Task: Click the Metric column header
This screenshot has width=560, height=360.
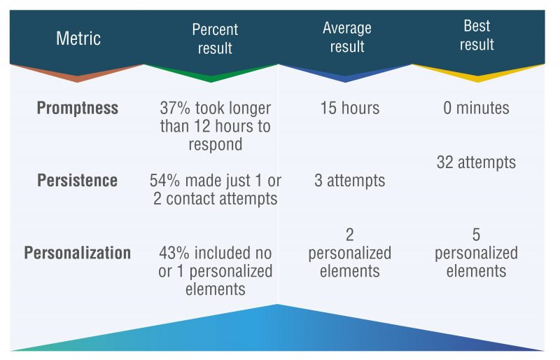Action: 78,39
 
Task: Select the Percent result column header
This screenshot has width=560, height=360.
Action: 215,39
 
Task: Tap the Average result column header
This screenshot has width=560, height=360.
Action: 346,37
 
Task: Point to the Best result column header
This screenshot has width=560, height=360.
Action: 477,35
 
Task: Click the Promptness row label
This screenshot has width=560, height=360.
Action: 78,108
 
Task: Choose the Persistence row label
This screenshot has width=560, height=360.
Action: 78,180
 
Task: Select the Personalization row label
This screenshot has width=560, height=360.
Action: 78,253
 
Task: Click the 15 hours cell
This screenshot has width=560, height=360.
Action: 349,108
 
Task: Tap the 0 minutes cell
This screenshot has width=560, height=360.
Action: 476,108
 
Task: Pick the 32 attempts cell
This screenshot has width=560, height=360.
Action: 476,162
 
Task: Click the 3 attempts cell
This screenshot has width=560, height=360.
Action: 349,180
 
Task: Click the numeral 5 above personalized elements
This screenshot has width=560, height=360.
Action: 476,235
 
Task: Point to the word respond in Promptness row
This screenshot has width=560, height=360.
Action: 216,145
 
